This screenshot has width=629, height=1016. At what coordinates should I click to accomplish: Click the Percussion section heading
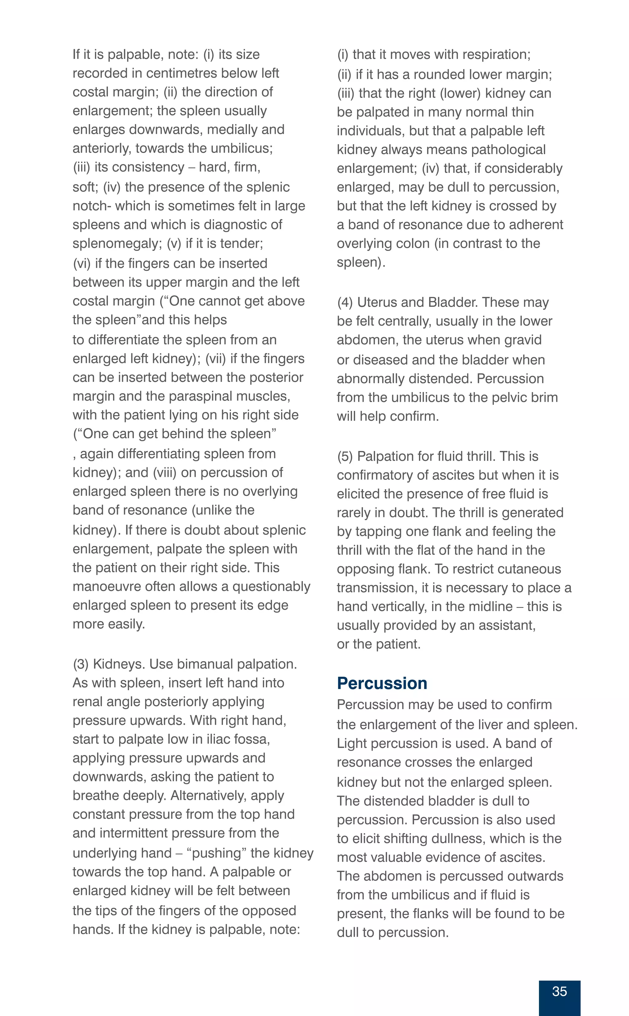(382, 683)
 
